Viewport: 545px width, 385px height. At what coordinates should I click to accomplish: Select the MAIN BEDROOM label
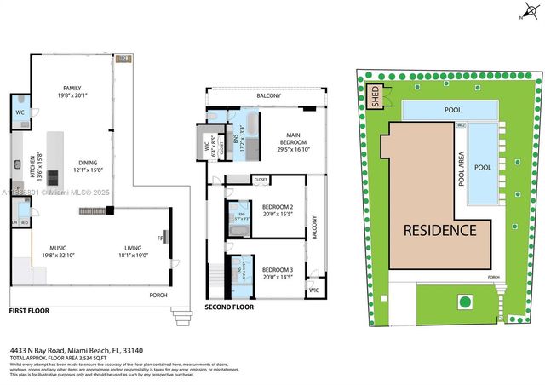point(290,142)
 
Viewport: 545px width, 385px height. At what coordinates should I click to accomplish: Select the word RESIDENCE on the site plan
point(439,230)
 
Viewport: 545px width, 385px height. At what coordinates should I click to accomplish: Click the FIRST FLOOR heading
point(29,312)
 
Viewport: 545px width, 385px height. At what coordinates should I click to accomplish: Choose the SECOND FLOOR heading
point(229,307)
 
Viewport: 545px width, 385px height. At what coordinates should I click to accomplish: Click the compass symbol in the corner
point(523,12)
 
